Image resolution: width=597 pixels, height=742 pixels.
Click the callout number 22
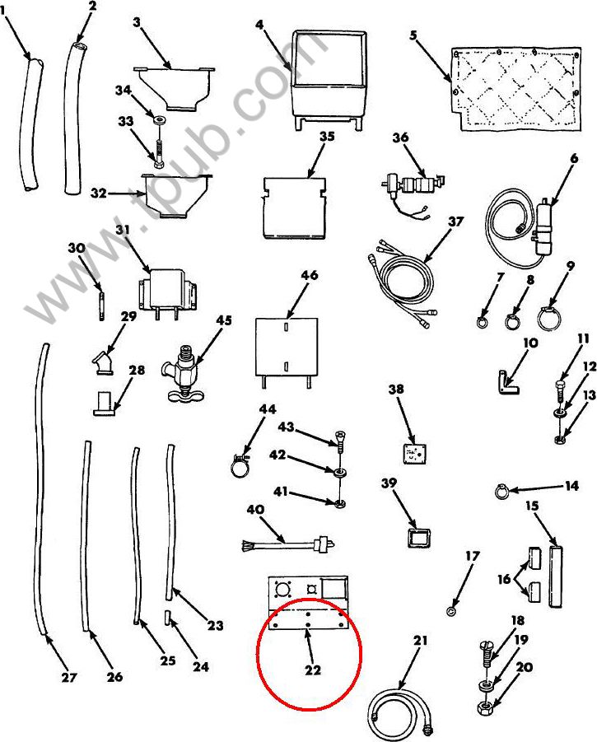coord(313,670)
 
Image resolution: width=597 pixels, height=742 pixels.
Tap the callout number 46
coord(310,275)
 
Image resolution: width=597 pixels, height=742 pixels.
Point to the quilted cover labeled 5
coord(515,88)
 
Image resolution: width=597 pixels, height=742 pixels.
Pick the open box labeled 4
coord(329,81)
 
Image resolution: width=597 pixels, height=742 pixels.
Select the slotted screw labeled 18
coord(488,655)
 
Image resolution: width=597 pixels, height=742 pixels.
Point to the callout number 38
coord(396,389)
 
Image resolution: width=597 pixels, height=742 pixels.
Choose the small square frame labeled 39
coord(418,539)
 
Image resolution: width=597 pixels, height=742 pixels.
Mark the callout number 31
coord(123,230)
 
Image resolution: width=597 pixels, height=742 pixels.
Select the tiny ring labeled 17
coord(450,610)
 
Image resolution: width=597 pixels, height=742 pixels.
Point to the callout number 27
coord(69,678)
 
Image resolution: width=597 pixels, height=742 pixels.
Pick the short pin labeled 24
coord(167,618)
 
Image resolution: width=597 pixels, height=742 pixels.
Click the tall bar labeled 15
coord(556,576)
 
